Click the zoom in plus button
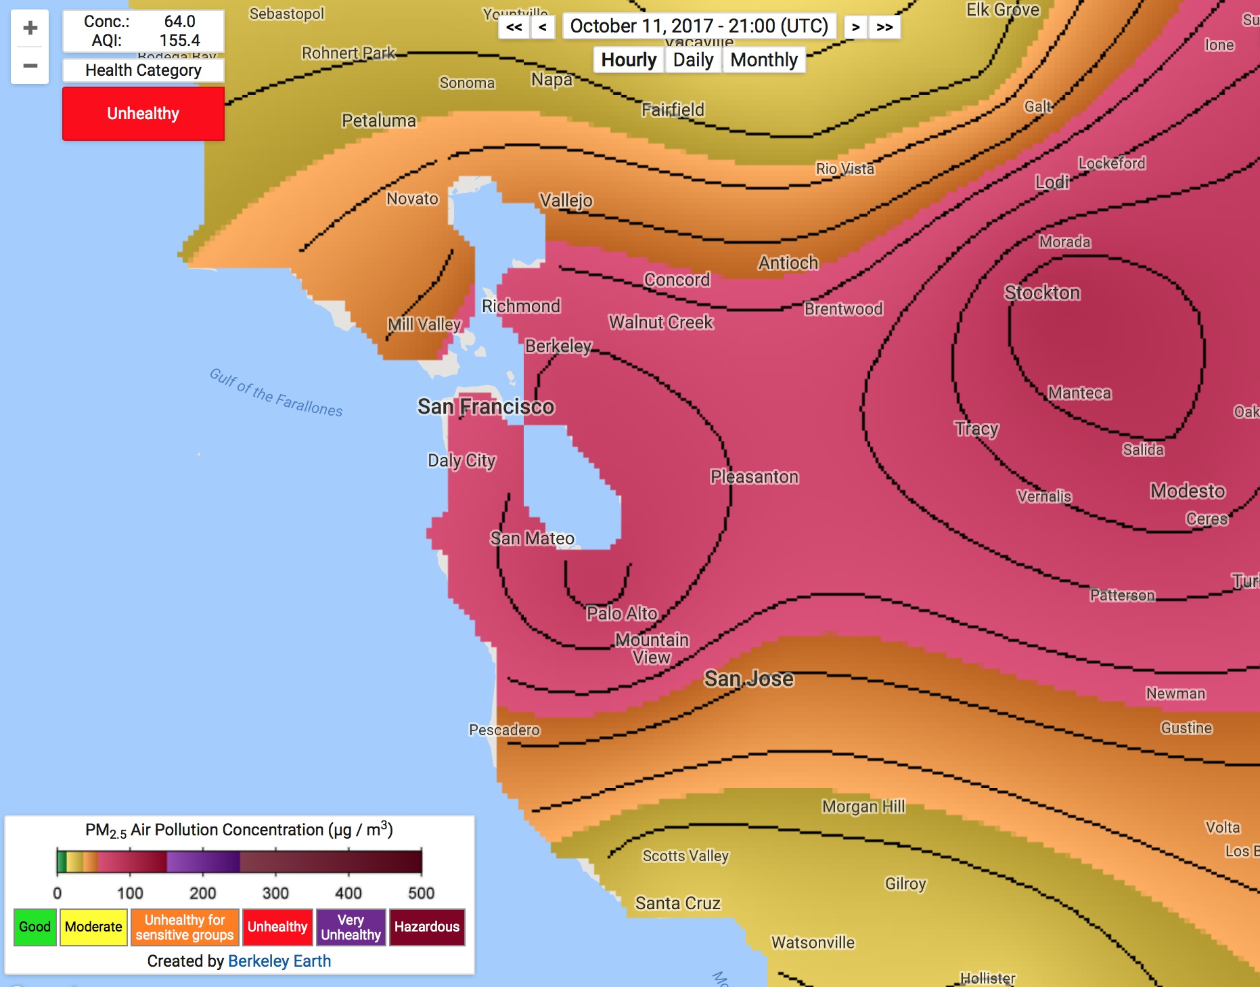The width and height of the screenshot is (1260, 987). click(x=30, y=28)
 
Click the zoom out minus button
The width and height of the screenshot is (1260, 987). click(x=30, y=66)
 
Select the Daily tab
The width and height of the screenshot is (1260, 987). click(x=693, y=60)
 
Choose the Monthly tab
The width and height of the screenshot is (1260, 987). click(x=764, y=60)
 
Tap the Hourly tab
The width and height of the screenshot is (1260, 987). click(x=629, y=60)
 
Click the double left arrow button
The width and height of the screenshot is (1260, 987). click(x=514, y=27)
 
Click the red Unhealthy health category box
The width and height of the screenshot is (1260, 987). click(x=143, y=114)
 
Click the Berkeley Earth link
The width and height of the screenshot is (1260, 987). click(x=279, y=961)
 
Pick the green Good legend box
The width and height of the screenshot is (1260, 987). click(x=35, y=927)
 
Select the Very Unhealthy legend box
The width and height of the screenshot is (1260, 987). click(x=351, y=927)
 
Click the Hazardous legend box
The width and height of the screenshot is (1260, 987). click(x=427, y=927)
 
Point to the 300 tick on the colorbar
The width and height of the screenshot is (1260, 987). click(x=275, y=893)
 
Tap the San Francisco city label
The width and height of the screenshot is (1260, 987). click(x=486, y=407)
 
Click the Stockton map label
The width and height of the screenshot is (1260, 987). click(x=1042, y=293)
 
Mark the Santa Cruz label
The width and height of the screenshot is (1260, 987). click(x=677, y=904)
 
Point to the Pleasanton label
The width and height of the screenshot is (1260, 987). click(x=755, y=477)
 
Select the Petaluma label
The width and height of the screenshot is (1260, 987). click(x=379, y=121)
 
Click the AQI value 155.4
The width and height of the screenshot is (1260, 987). click(x=179, y=41)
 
